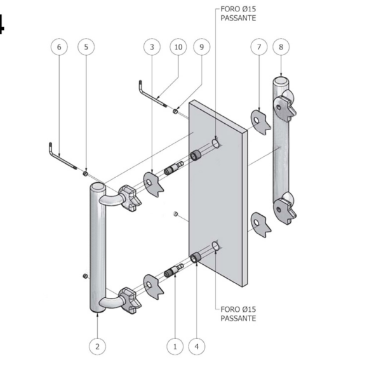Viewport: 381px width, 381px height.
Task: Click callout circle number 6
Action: pos(59,47)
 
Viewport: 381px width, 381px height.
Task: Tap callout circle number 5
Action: pos(86,47)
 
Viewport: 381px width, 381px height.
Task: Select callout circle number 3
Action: pos(152,47)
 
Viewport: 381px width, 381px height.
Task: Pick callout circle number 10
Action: pos(178,47)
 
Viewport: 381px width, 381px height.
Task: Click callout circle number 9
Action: pos(201,47)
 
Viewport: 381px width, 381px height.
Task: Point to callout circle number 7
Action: pos(259,47)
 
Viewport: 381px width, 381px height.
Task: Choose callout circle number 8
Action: pos(281,47)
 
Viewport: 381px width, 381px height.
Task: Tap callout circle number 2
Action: pos(97,347)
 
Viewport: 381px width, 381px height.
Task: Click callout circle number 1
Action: pos(175,347)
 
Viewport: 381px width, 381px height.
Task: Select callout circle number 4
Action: pos(197,347)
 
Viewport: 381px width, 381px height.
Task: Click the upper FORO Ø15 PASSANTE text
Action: pos(238,13)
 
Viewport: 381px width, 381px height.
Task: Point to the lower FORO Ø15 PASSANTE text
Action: pos(238,314)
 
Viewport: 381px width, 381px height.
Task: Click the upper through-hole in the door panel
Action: pos(215,143)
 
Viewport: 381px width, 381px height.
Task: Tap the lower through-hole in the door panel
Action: pos(215,246)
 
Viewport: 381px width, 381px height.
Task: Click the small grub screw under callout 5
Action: pos(85,173)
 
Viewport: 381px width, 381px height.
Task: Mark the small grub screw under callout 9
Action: pos(175,111)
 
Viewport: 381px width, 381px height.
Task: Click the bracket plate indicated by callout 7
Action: pos(260,123)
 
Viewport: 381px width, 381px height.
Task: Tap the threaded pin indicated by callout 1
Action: pos(173,270)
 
